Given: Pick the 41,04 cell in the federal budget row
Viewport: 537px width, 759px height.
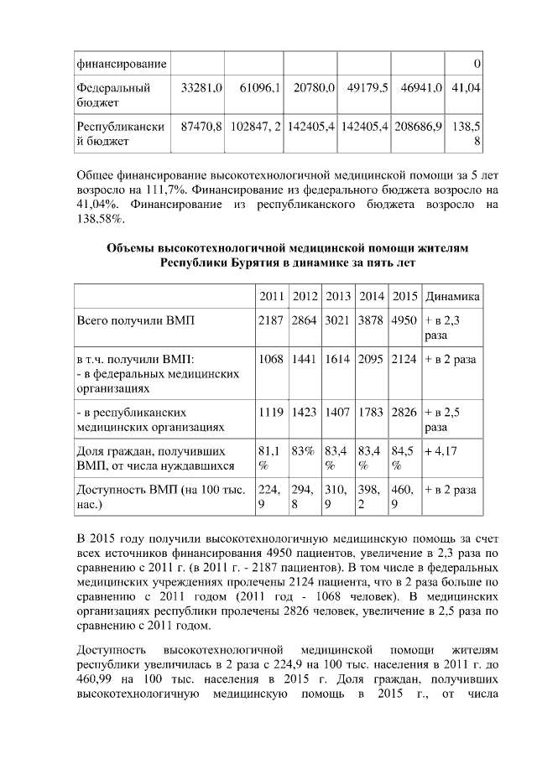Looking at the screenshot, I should click(x=466, y=87).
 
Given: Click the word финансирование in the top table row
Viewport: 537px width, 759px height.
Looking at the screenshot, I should click(x=121, y=64).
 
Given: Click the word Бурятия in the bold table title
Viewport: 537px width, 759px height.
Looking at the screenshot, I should click(x=252, y=263).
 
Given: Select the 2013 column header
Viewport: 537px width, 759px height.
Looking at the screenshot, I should click(x=337, y=297).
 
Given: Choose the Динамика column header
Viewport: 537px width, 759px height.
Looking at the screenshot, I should click(x=452, y=297).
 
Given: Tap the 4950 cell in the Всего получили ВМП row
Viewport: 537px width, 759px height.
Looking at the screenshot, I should click(x=404, y=321).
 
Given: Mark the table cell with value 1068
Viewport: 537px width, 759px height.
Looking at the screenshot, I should click(x=271, y=359).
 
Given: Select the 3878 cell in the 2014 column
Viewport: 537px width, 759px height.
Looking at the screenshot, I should click(x=371, y=321).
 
